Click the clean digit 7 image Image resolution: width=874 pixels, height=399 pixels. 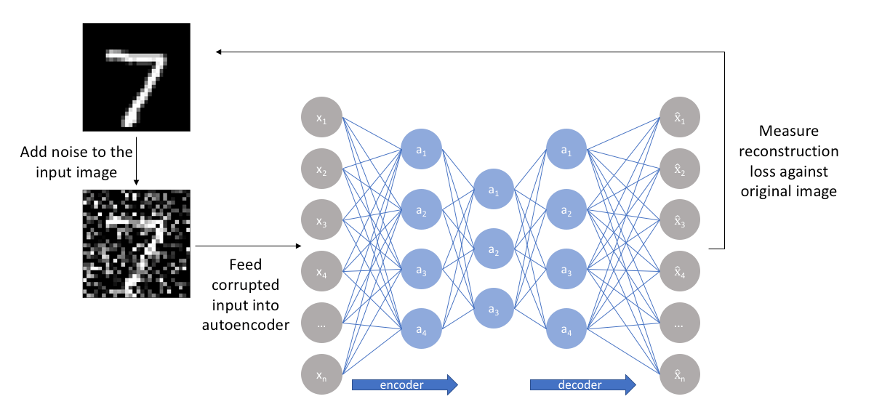[136, 77]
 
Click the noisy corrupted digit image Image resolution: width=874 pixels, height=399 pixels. [136, 243]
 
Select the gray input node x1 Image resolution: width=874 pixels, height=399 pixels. [321, 117]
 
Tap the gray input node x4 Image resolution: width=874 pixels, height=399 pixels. [321, 270]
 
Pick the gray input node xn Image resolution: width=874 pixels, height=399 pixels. [321, 374]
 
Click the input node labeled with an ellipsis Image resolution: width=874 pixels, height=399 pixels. [321, 322]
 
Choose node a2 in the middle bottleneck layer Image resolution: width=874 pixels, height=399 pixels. [493, 249]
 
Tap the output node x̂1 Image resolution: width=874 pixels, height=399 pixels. [679, 117]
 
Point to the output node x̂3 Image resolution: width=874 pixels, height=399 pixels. [679, 219]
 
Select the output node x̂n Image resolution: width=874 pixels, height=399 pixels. [679, 374]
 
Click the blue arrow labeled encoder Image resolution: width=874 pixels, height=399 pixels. [404, 384]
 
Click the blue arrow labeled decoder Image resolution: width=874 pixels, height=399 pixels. [582, 384]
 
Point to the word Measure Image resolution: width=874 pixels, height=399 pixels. [788, 132]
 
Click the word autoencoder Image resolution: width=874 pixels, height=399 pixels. [246, 324]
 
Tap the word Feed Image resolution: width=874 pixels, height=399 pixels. [246, 265]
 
